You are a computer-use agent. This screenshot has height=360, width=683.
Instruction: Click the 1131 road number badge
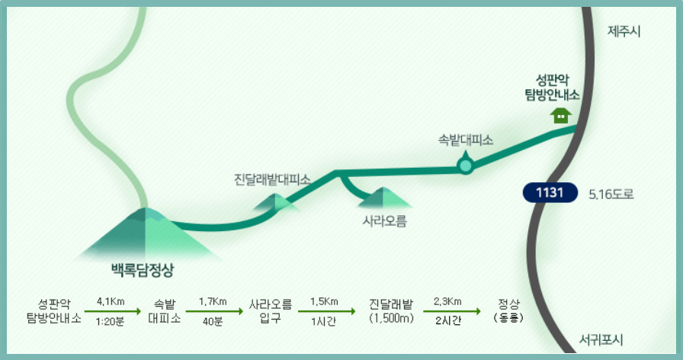click(x=550, y=193)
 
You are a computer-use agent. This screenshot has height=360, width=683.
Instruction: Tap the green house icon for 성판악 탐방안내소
click(x=562, y=115)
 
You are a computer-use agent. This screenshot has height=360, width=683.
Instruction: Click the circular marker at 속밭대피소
click(x=466, y=166)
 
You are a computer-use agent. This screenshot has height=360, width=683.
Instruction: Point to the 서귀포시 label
click(x=601, y=339)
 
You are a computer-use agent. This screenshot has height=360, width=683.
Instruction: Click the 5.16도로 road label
click(x=611, y=194)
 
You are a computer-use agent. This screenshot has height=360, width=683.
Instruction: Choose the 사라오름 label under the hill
click(x=385, y=223)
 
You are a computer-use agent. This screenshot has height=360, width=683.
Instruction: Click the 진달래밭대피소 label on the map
click(x=272, y=180)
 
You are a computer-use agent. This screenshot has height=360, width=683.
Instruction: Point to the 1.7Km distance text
click(x=213, y=301)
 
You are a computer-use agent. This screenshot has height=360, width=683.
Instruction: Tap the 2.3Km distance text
click(x=447, y=301)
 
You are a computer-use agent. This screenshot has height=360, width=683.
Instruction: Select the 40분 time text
click(x=213, y=321)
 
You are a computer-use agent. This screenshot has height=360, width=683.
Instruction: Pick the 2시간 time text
click(x=447, y=321)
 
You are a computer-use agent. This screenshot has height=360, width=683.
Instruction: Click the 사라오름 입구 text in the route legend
click(x=271, y=310)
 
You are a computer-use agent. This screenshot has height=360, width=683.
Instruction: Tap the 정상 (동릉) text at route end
click(x=508, y=310)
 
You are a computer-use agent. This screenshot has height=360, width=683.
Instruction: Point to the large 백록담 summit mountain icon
click(x=145, y=233)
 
